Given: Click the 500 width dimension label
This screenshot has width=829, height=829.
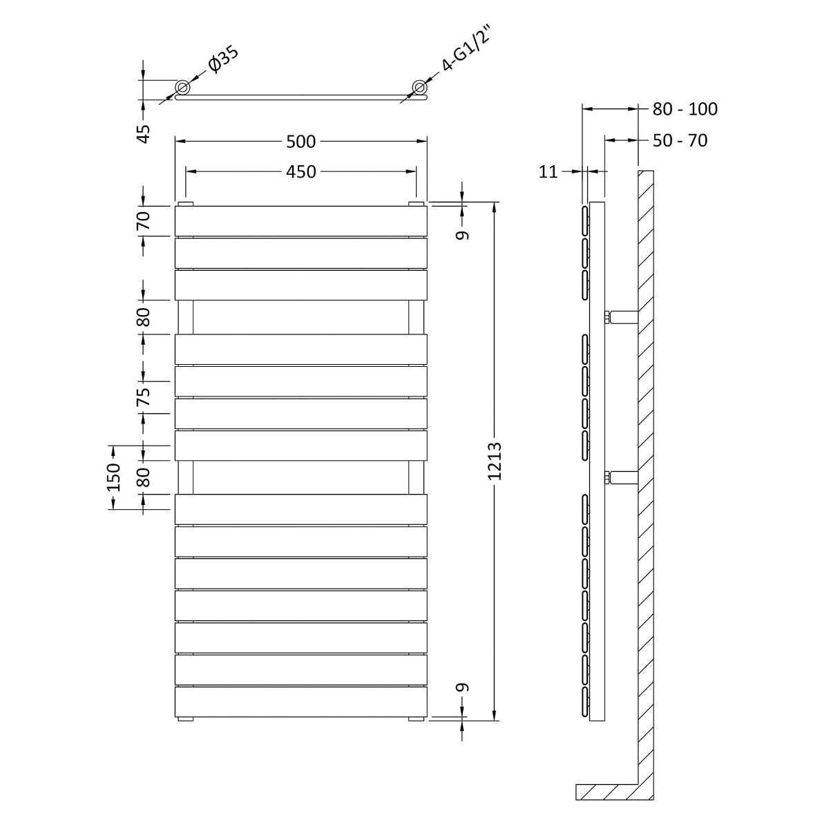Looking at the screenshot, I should point(301,142).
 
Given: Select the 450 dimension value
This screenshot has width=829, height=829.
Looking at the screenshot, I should point(301,171).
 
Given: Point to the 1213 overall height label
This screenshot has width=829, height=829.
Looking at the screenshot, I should point(495,461).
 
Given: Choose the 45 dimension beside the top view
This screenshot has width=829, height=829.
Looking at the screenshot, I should point(143,133).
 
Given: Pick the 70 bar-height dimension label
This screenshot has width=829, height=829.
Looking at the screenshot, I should point(143,221).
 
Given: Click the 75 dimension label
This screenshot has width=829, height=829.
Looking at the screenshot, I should point(143,397).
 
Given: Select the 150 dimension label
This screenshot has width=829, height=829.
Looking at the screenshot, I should point(113,477).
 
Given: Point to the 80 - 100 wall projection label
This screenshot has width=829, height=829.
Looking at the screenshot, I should point(685,108).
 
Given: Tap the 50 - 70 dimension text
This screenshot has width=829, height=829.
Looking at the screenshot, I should point(680,140).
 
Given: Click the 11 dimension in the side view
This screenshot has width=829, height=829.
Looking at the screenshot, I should point(548,172).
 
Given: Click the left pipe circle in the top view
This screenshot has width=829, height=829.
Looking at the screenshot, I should point(183,87).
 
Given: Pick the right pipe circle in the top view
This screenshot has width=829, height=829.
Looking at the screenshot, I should point(419,87).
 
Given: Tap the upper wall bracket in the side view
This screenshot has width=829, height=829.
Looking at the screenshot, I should point(622,317).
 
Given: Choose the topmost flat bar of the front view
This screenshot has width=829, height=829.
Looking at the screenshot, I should point(301,220).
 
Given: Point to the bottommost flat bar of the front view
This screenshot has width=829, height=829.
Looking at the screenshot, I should point(301,701).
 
